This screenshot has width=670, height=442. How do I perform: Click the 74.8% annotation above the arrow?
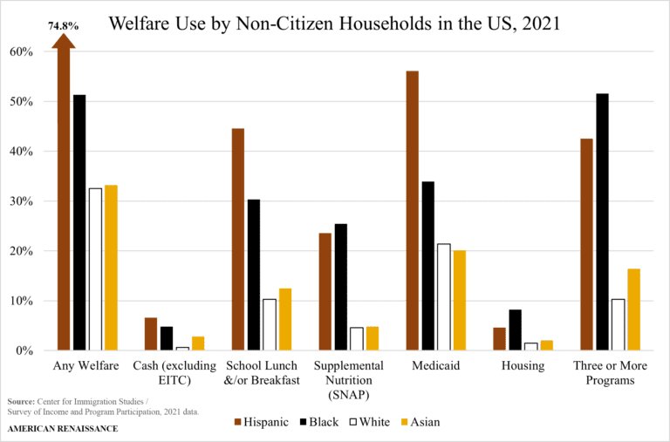pos(63,27)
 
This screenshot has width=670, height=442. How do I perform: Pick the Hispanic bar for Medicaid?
pos(412,210)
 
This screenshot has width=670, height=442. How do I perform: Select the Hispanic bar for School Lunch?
pos(237,239)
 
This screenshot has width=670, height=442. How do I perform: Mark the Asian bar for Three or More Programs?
pos(633,309)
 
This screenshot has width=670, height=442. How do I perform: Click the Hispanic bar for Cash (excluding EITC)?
pos(151,334)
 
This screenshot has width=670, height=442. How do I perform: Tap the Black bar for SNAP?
pos(340,287)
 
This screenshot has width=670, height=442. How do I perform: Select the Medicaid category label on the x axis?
pos(435,366)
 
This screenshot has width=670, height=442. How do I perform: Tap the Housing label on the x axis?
pos(523,366)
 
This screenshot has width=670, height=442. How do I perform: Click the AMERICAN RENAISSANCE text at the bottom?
pos(63,429)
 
